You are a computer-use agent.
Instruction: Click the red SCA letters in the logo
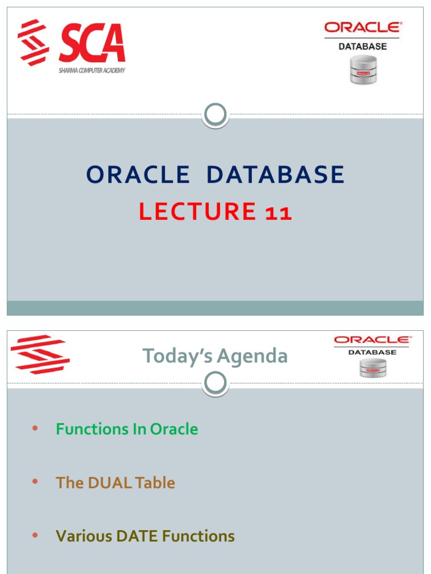coord(92,44)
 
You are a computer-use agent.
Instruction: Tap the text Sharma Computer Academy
coord(92,71)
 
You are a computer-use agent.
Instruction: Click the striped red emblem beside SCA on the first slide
coord(34,42)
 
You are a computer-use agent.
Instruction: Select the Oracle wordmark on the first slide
coord(363,27)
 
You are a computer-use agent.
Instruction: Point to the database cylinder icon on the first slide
coord(363,70)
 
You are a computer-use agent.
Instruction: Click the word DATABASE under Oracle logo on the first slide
coord(363,47)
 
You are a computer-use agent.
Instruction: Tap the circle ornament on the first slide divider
coord(215,115)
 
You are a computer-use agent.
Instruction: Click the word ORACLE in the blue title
coord(138,175)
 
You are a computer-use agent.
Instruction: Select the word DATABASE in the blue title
coord(275,175)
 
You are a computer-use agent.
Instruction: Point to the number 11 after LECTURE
coord(278,212)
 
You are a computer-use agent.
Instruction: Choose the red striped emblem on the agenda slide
coord(40,354)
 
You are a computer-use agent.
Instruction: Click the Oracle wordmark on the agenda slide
coord(372,340)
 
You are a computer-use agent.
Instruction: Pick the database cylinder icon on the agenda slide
coord(372,368)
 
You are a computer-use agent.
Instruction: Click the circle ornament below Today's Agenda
coord(215,384)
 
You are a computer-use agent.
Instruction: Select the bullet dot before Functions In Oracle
coord(35,429)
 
